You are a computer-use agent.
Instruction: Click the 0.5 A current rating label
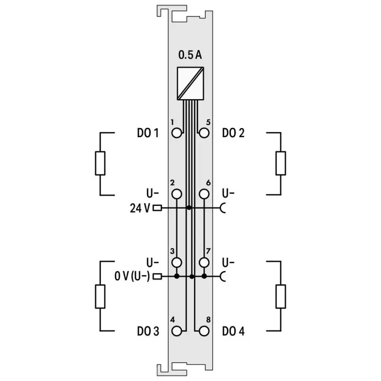190,55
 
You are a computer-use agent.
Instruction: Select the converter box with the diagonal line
190,83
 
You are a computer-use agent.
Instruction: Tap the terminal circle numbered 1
177,133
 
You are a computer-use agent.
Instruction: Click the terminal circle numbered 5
204,133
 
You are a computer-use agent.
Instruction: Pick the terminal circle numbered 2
177,194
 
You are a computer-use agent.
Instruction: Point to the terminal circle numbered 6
204,194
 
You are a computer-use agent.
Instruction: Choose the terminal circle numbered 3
177,262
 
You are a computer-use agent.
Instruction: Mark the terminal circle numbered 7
204,262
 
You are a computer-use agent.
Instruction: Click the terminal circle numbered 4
177,331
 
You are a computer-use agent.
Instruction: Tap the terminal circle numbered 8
204,331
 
